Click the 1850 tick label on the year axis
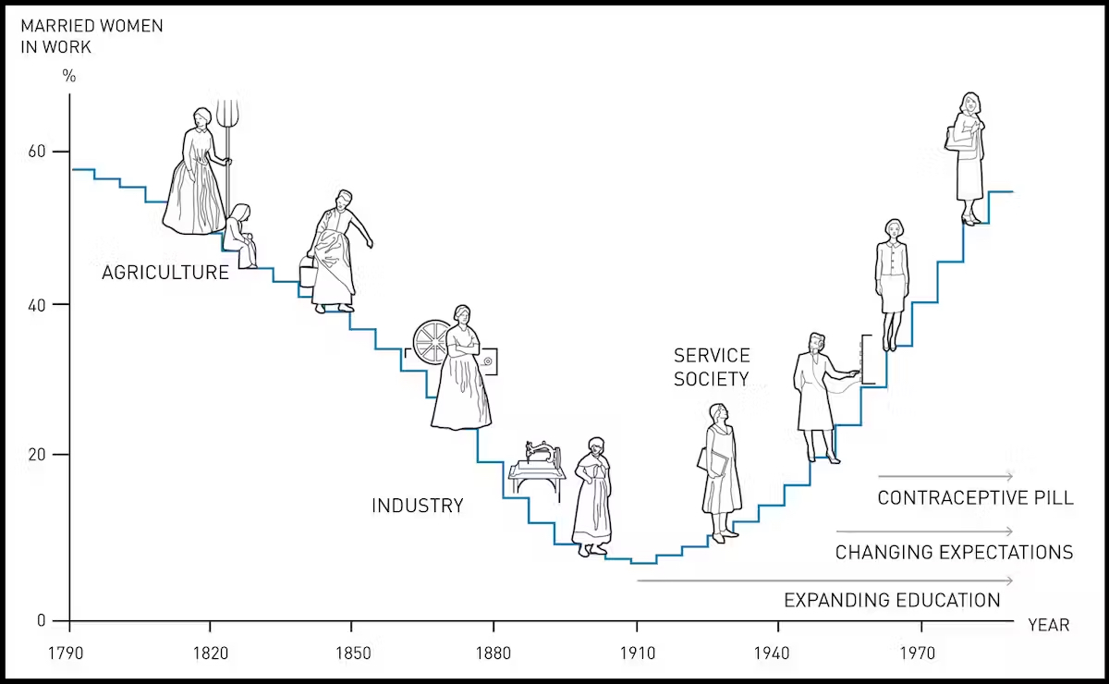[352, 653]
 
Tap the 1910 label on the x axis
[638, 653]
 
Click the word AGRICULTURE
[165, 273]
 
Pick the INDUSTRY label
[417, 506]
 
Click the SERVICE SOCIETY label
[712, 367]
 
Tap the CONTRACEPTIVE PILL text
[975, 498]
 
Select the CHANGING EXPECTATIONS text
[954, 553]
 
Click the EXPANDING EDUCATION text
[892, 601]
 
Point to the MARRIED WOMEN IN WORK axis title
[91, 35]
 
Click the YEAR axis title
[1049, 626]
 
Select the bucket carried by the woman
[308, 274]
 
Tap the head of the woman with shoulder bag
[969, 103]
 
